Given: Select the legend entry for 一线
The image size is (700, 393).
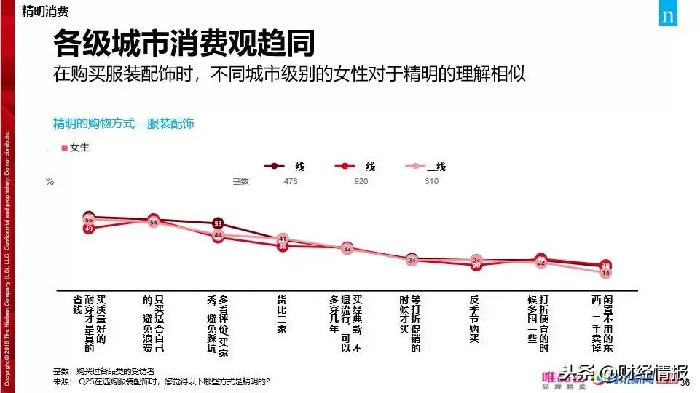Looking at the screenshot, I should (285, 167).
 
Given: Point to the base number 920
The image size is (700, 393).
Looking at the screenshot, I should (361, 181).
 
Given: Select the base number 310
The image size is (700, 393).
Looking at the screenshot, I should (431, 181).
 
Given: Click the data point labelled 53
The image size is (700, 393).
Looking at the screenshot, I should (218, 223).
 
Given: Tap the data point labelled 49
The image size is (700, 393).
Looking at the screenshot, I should (89, 229).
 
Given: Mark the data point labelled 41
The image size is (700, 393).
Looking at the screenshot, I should (283, 239).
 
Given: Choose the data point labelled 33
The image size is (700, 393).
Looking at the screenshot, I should (347, 249).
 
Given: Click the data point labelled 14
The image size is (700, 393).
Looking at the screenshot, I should (605, 273).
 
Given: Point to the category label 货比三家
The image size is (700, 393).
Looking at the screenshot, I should (283, 313).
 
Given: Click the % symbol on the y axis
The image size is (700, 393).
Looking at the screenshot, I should (50, 182).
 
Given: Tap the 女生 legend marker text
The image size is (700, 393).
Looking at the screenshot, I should (79, 148).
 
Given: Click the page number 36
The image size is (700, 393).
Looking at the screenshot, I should (685, 383).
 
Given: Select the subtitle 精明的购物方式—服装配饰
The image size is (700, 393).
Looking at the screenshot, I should (124, 124).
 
